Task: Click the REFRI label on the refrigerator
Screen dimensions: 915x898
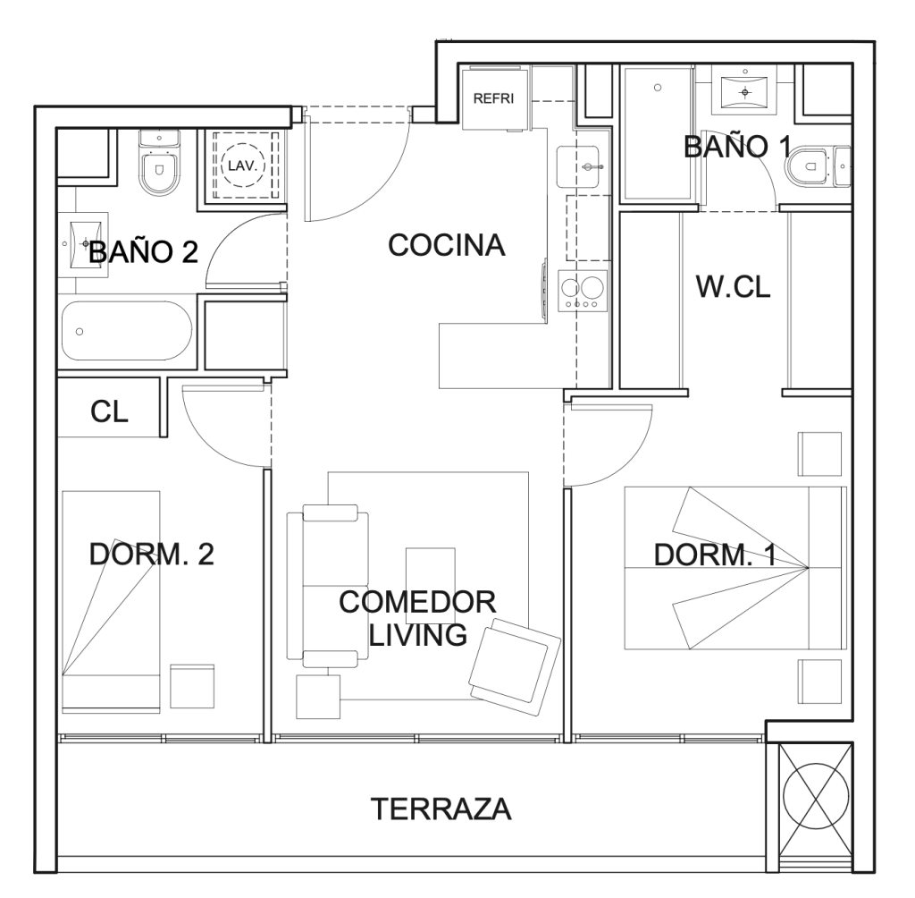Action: pos(493,98)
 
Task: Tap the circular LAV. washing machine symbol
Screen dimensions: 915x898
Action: pos(243,165)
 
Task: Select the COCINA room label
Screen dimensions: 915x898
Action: pos(447,245)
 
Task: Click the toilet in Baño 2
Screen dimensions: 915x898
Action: pos(159,163)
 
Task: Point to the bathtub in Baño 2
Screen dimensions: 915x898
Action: pos(127,331)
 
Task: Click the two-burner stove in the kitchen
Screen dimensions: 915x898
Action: pos(583,291)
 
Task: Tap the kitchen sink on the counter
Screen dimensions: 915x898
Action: pos(578,166)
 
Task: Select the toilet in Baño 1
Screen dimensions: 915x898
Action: pos(817,167)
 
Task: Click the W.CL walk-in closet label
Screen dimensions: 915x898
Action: pos(733,287)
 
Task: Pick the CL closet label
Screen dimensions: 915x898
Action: pos(109,411)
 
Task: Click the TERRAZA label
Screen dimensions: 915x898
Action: pos(441,809)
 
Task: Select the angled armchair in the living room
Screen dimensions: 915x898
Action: pos(514,667)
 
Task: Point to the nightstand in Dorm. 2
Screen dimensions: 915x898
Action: pos(192,687)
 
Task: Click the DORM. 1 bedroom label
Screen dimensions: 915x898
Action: pos(715,555)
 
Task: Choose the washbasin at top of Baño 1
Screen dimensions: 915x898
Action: pos(745,92)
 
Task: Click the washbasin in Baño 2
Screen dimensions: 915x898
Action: pos(83,243)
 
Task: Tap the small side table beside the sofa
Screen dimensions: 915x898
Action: pos(318,697)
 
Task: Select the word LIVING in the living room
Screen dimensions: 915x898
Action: pos(418,635)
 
